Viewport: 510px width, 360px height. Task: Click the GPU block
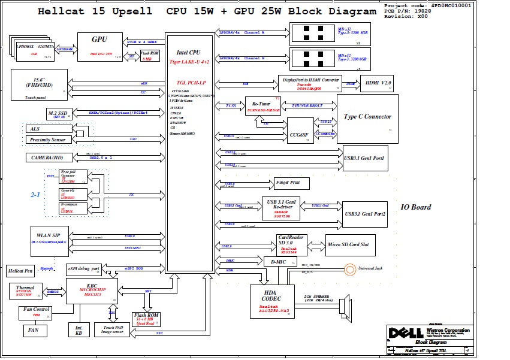click(x=99, y=47)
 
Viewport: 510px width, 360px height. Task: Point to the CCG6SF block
click(x=300, y=130)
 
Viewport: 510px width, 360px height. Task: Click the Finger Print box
click(x=292, y=183)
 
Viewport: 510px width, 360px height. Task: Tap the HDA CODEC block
click(x=272, y=301)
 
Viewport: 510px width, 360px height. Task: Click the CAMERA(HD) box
click(x=49, y=158)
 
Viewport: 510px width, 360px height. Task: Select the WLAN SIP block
click(x=49, y=240)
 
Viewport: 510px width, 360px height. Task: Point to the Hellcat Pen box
click(x=22, y=271)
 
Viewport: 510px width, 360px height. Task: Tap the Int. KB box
click(x=79, y=329)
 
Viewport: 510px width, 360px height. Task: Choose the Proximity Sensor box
click(x=49, y=140)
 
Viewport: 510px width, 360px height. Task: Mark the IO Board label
click(x=416, y=207)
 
